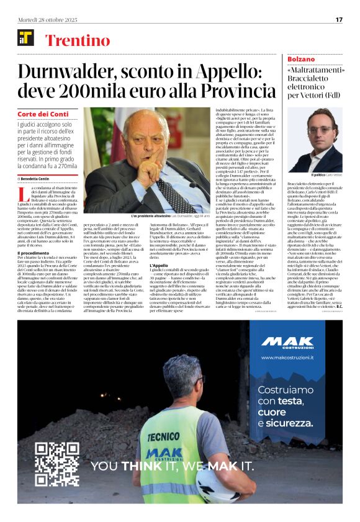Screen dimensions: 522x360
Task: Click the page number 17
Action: click(x=339, y=19)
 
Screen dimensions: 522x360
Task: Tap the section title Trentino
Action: click(x=78, y=40)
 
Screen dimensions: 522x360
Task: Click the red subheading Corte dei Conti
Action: click(x=43, y=114)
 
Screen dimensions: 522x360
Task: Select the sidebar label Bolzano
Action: click(x=302, y=58)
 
